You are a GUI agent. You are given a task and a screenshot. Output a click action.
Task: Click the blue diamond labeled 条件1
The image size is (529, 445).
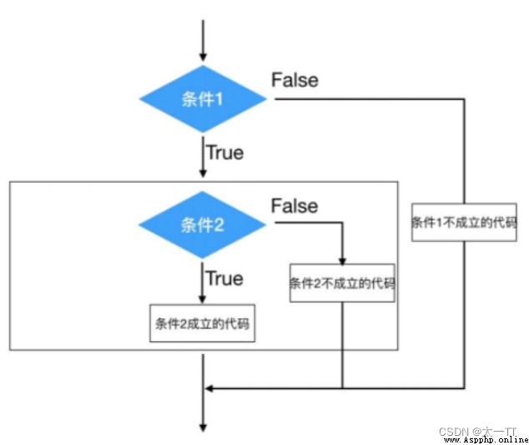(203, 99)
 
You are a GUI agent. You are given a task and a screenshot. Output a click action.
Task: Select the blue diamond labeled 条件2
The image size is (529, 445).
(202, 225)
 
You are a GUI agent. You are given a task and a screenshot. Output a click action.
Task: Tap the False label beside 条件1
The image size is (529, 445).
(295, 80)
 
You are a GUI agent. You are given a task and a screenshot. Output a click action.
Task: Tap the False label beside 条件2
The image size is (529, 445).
(295, 206)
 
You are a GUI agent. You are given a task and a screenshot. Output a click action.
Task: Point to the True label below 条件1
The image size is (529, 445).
(225, 153)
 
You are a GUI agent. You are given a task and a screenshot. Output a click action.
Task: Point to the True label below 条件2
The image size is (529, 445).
(224, 279)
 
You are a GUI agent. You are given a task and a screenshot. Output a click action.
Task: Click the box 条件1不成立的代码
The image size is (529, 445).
(464, 222)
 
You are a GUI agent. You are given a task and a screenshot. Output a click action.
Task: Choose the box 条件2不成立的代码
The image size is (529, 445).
(342, 283)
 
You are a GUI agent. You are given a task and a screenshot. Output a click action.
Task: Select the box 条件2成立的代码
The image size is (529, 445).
(202, 323)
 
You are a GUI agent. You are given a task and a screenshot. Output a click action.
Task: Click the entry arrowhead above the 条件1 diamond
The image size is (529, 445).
(203, 57)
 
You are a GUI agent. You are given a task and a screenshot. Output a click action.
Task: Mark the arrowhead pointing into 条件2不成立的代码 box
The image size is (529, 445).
(342, 261)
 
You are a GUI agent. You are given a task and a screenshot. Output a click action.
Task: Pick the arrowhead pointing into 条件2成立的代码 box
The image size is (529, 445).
(202, 299)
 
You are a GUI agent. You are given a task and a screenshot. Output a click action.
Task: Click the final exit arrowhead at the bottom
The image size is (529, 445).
(203, 427)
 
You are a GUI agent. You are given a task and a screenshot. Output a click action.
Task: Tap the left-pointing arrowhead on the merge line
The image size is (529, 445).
(209, 388)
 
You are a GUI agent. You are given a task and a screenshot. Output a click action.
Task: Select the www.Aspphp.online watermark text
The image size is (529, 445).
(486, 440)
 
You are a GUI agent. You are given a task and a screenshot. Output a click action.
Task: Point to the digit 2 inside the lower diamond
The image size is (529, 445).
(219, 225)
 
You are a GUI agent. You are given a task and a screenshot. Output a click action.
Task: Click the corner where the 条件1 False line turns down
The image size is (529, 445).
(464, 99)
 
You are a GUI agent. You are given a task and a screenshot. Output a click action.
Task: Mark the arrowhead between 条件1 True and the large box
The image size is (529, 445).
(203, 173)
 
